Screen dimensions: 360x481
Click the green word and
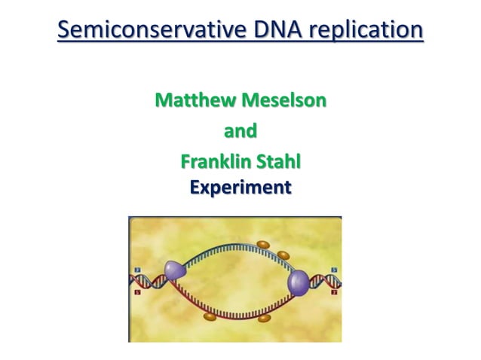click(240, 131)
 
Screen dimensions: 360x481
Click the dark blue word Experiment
click(240, 186)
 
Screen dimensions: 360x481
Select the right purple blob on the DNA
click(299, 283)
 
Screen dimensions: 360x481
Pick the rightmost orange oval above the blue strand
click(284, 255)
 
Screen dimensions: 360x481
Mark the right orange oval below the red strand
click(265, 318)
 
